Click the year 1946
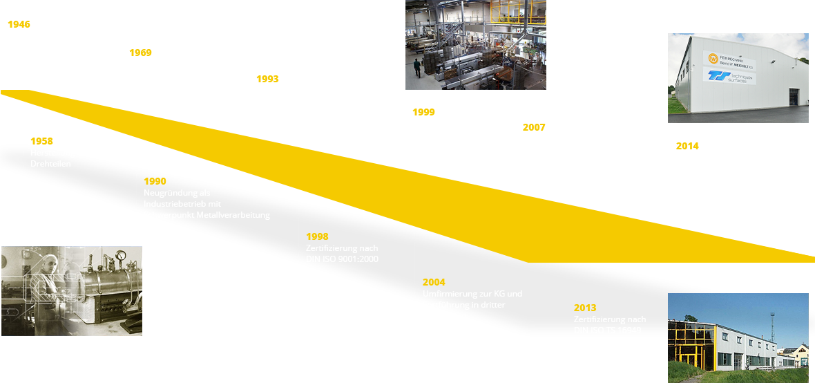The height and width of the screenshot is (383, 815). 19,24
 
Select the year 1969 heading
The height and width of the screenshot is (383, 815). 141,53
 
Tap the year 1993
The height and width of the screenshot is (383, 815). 267,79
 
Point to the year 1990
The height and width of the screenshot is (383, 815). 155,181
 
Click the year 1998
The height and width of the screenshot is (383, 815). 317,236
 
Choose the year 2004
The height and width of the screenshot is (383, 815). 434,282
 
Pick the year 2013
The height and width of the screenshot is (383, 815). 585,308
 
